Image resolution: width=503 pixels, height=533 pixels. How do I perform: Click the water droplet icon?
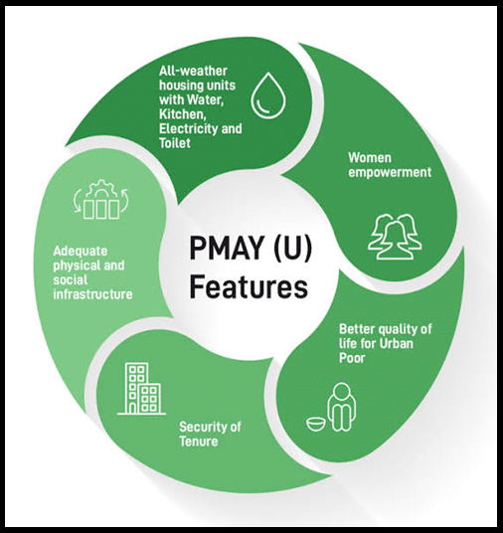click(268, 95)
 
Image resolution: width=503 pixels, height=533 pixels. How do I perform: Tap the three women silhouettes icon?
click(395, 237)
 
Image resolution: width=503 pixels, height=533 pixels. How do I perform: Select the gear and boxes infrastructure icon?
click(101, 200)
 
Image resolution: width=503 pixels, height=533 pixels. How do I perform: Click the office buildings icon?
click(142, 389)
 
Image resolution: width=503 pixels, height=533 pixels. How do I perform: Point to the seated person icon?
click(342, 406)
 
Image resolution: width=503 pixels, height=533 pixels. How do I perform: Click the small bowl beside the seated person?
click(316, 424)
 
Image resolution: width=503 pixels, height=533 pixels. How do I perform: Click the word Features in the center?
click(249, 288)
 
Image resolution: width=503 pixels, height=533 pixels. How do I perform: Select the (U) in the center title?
click(292, 250)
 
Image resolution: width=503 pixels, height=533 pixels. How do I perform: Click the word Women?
click(370, 158)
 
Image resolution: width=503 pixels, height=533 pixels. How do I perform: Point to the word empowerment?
click(390, 172)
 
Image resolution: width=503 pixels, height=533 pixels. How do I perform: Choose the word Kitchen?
click(182, 114)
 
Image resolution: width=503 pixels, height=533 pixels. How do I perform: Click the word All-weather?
click(193, 71)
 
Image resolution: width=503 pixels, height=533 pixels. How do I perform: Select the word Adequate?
click(81, 252)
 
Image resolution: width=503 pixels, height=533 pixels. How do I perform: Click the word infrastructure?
click(92, 294)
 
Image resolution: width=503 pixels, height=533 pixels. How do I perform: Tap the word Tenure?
click(199, 442)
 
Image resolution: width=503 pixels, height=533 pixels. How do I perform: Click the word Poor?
click(352, 358)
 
